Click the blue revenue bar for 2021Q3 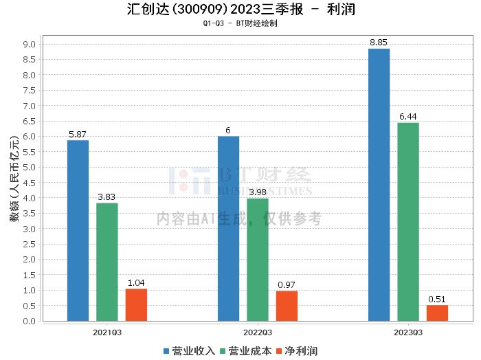(78, 230)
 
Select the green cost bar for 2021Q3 (107, 262)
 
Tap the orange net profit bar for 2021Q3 (136, 304)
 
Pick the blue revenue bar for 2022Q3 (228, 228)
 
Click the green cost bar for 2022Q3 (258, 259)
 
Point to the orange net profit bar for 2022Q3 (287, 306)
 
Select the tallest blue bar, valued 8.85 (379, 184)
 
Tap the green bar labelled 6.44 (408, 221)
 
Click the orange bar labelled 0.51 (437, 313)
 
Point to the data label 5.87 (78, 135)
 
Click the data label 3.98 (258, 192)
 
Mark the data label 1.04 (136, 283)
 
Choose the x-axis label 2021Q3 (107, 332)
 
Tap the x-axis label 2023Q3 (408, 332)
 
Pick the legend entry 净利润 (296, 351)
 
